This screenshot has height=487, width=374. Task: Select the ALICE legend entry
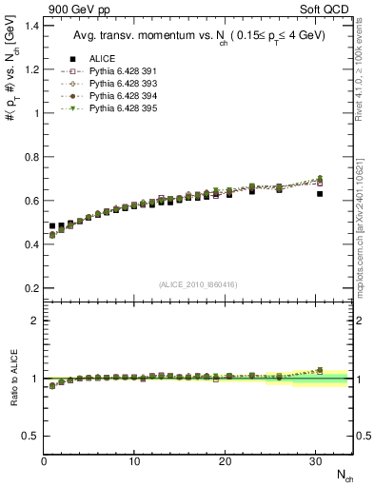(104, 59)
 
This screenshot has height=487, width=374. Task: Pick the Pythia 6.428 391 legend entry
(121, 71)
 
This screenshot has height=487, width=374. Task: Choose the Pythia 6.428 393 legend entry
(121, 84)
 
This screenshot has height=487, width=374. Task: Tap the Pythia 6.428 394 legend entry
(121, 96)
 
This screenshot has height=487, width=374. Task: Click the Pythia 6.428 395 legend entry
(121, 108)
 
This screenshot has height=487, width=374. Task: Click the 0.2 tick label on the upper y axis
(30, 288)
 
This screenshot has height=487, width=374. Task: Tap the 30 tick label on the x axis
(316, 460)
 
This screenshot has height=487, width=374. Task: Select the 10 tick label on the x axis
(134, 460)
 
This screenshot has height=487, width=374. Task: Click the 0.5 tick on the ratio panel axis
(30, 436)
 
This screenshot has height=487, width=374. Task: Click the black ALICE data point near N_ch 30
(320, 194)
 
